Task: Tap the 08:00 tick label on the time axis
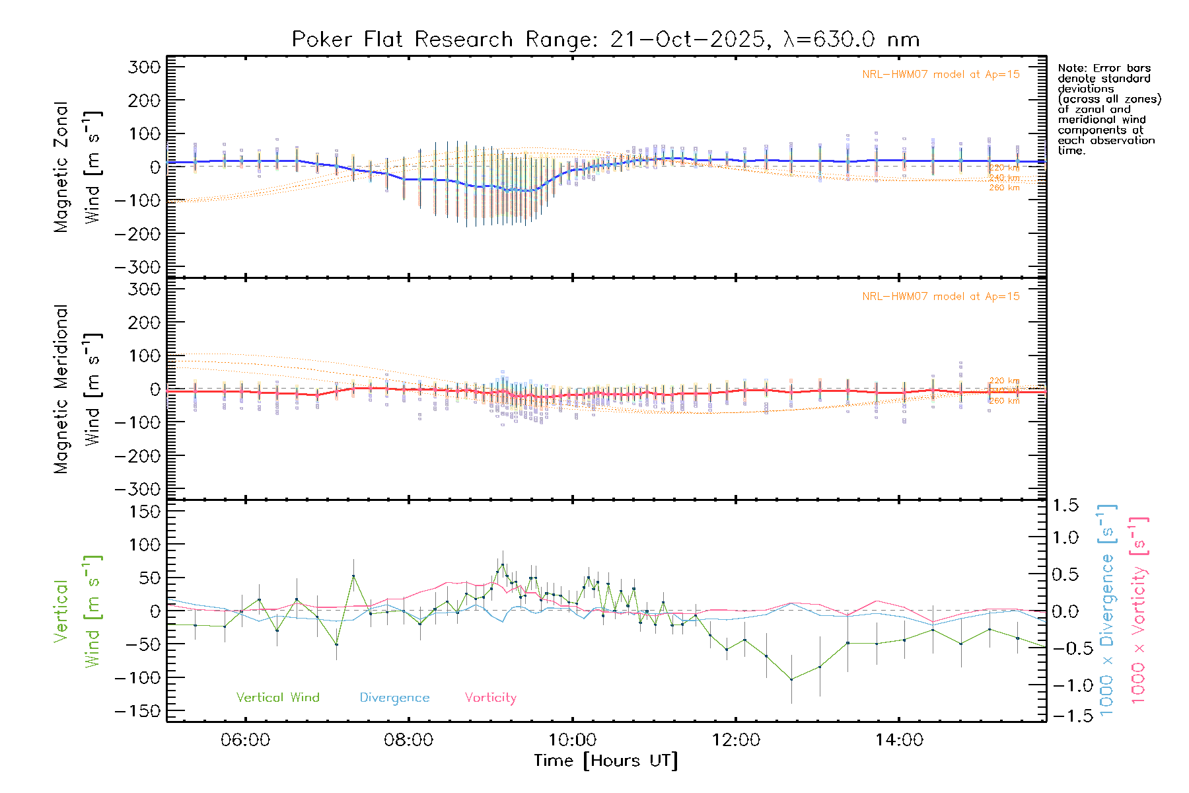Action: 408,740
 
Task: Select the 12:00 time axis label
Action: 736,740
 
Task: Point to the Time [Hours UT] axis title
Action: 606,761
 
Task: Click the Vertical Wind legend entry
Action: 277,697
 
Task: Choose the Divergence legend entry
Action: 394,697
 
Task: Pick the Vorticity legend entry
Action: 490,697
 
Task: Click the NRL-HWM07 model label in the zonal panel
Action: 941,75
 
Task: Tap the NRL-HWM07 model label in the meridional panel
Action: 941,297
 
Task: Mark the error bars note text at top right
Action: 1108,109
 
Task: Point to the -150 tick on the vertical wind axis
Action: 137,712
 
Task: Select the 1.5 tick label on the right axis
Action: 1065,506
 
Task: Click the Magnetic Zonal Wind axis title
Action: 77,167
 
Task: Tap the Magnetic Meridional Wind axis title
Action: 77,389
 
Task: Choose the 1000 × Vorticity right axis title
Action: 1138,610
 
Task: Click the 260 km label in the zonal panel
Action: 1004,188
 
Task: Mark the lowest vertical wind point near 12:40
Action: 791,679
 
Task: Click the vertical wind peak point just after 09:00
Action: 502,565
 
